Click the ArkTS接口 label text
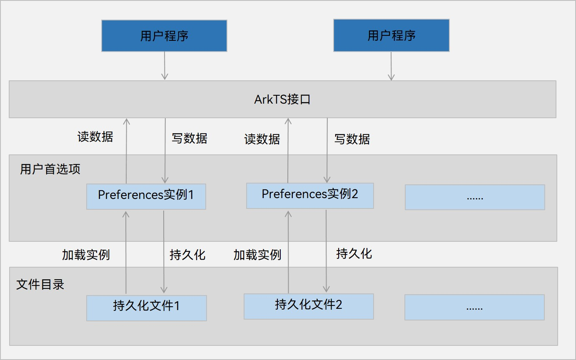(x=282, y=100)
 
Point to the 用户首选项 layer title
(x=50, y=169)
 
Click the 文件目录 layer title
(x=40, y=285)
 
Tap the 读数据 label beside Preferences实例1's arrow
(x=95, y=137)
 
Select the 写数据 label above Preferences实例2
(x=352, y=139)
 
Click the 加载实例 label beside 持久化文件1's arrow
(x=86, y=255)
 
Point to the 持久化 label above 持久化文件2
(x=354, y=253)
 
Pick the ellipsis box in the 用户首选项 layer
(x=475, y=197)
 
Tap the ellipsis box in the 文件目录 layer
(x=474, y=307)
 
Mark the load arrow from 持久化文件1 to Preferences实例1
(x=126, y=252)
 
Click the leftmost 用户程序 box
(x=164, y=36)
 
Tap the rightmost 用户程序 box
(x=391, y=36)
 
